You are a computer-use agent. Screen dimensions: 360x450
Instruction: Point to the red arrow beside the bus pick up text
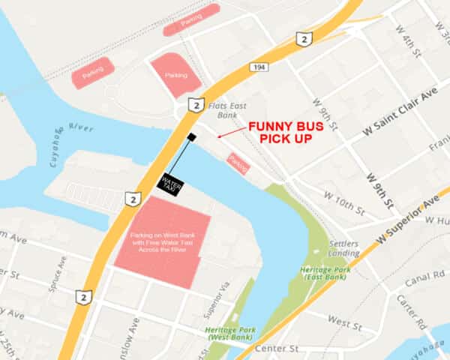tap(230, 133)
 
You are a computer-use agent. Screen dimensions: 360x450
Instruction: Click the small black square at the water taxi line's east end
tap(192, 136)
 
